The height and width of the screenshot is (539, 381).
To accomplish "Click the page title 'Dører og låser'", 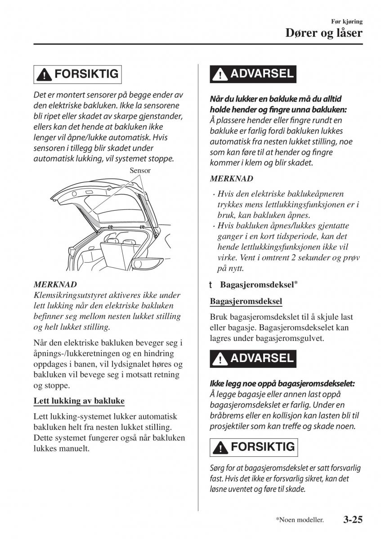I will [x=324, y=33].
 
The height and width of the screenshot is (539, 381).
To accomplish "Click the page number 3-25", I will [x=352, y=520].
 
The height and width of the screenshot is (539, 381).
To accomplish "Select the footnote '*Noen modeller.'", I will [x=300, y=520].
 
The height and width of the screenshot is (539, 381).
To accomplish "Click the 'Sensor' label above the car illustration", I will [x=140, y=171].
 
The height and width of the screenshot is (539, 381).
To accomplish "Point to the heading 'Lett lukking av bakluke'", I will [x=79, y=401].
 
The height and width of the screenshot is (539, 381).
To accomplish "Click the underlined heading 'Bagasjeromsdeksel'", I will [x=246, y=301].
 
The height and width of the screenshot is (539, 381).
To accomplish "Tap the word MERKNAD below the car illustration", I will [x=55, y=284].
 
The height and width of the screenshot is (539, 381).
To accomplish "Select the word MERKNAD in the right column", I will [x=231, y=178].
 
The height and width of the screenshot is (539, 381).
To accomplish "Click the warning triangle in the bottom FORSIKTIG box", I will [x=221, y=448].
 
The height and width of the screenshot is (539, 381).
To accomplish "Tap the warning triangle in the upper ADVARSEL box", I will [x=220, y=75].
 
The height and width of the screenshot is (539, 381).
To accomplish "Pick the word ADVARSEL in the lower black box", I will [x=261, y=358].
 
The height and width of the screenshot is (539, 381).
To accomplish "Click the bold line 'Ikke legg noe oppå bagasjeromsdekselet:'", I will [x=282, y=384].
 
